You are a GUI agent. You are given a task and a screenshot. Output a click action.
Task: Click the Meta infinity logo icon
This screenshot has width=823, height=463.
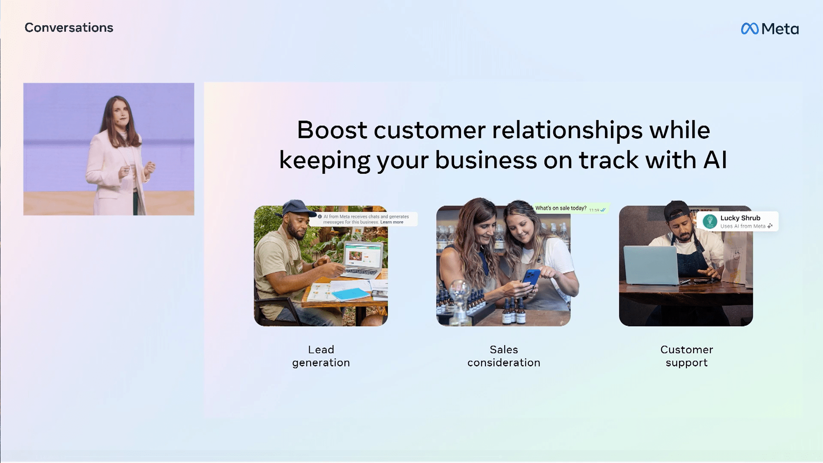[750, 29]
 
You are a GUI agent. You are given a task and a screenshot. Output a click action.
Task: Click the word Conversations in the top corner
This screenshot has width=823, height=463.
[69, 27]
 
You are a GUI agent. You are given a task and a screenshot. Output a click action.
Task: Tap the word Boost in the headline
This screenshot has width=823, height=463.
[332, 130]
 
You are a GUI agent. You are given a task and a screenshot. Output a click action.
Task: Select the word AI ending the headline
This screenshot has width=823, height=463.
[715, 160]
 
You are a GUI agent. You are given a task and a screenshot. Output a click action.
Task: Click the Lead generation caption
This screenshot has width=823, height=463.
[321, 356]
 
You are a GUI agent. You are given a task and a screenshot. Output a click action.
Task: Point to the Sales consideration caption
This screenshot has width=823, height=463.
[504, 356]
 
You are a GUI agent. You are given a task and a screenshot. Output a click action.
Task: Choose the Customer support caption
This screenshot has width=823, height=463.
[687, 356]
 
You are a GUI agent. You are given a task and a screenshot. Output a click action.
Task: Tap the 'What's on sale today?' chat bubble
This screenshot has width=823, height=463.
[570, 208]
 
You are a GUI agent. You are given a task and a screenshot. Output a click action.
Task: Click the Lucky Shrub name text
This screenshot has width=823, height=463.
[740, 218]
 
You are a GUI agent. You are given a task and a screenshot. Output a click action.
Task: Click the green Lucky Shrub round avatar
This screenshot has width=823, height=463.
[710, 222]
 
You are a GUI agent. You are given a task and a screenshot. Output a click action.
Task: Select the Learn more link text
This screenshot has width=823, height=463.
[392, 222]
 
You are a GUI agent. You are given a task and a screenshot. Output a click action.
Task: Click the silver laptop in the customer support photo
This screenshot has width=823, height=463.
[651, 265]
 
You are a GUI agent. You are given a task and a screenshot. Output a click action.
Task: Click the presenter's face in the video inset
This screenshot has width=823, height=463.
[121, 113]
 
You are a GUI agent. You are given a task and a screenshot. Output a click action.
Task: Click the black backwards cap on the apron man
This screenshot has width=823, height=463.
[677, 210]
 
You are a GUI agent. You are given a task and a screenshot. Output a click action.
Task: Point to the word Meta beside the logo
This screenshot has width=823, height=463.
[780, 29]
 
